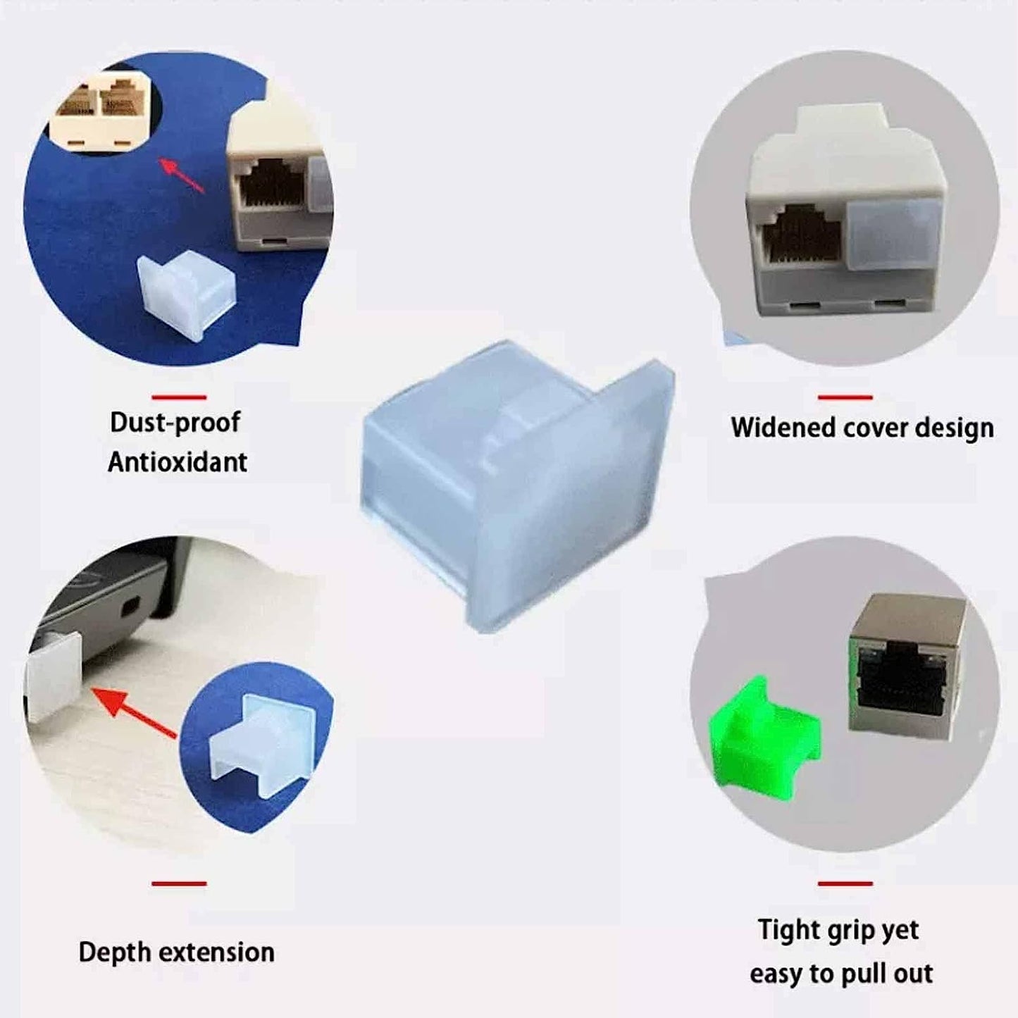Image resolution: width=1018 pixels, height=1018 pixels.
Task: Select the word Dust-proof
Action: [x=175, y=422]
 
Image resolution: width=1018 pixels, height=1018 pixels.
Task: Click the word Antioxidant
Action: [x=178, y=462]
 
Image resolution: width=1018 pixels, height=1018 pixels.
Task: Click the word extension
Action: [x=215, y=952]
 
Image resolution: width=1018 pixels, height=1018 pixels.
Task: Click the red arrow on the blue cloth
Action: [x=181, y=176]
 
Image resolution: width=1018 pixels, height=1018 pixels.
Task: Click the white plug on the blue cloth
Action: [x=185, y=290]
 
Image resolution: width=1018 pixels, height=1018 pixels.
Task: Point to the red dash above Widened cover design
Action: [x=845, y=397]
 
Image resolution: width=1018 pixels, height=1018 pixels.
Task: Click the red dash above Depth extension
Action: [x=179, y=883]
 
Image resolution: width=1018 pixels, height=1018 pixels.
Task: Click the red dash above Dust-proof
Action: [x=179, y=397]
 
